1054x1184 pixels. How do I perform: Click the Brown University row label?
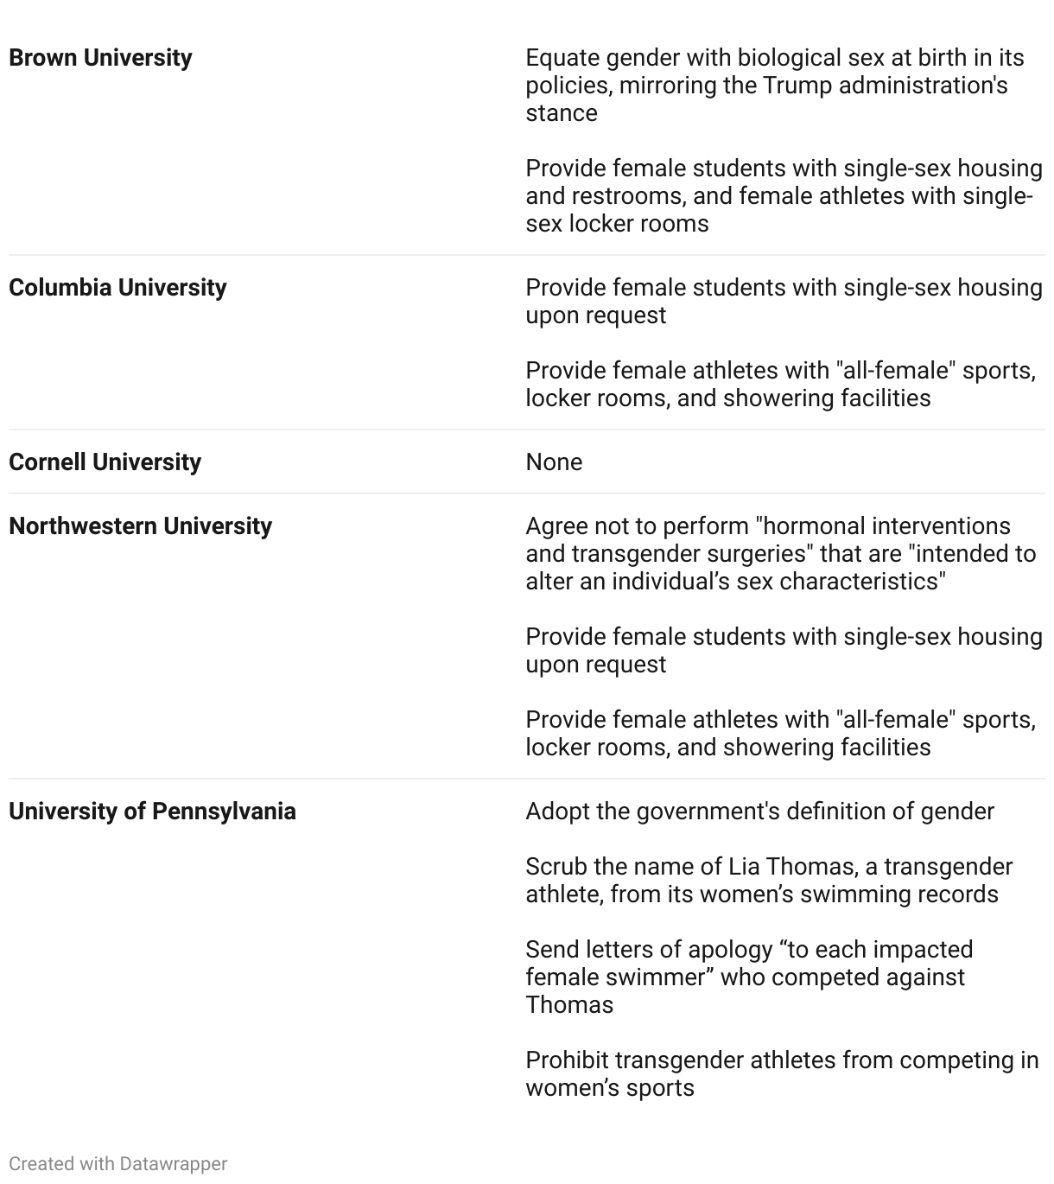(100, 58)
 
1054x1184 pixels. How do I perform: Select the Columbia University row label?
(117, 288)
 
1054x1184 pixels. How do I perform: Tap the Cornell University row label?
(105, 462)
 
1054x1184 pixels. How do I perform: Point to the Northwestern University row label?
(140, 526)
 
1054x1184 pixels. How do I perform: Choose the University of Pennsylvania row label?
(152, 812)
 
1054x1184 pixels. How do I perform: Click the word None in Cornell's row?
(554, 462)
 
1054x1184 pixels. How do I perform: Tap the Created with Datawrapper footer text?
(117, 1164)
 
